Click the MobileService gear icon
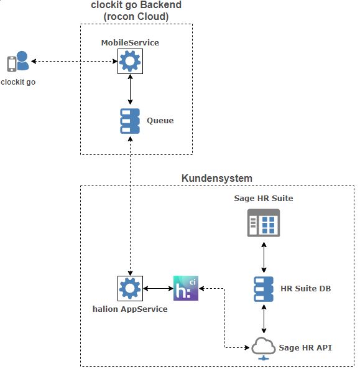130,61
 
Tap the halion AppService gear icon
130,288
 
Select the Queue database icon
130,121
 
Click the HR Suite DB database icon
264,289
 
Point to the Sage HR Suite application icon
264,223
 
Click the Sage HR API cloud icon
264,349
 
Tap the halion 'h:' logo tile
186,288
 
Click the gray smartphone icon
12,64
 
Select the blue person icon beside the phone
22,60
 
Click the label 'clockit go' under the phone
18,82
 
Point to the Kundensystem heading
217,178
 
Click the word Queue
160,121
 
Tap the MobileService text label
130,42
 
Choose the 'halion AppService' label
130,309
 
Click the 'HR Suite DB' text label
306,288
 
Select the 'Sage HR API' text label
305,347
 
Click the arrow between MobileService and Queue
130,89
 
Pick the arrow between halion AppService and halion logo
158,288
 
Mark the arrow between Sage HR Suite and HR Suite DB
264,257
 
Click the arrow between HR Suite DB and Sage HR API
264,319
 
